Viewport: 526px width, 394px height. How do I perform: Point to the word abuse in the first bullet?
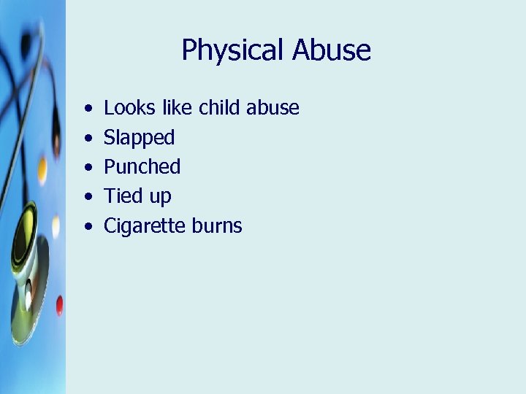(272, 108)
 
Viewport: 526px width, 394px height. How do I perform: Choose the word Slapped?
(140, 138)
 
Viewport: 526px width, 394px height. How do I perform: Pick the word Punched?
(142, 167)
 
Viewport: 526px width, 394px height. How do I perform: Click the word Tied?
(122, 196)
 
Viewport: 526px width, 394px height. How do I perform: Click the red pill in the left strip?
(59, 305)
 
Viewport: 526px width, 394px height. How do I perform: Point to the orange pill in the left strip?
(42, 169)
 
